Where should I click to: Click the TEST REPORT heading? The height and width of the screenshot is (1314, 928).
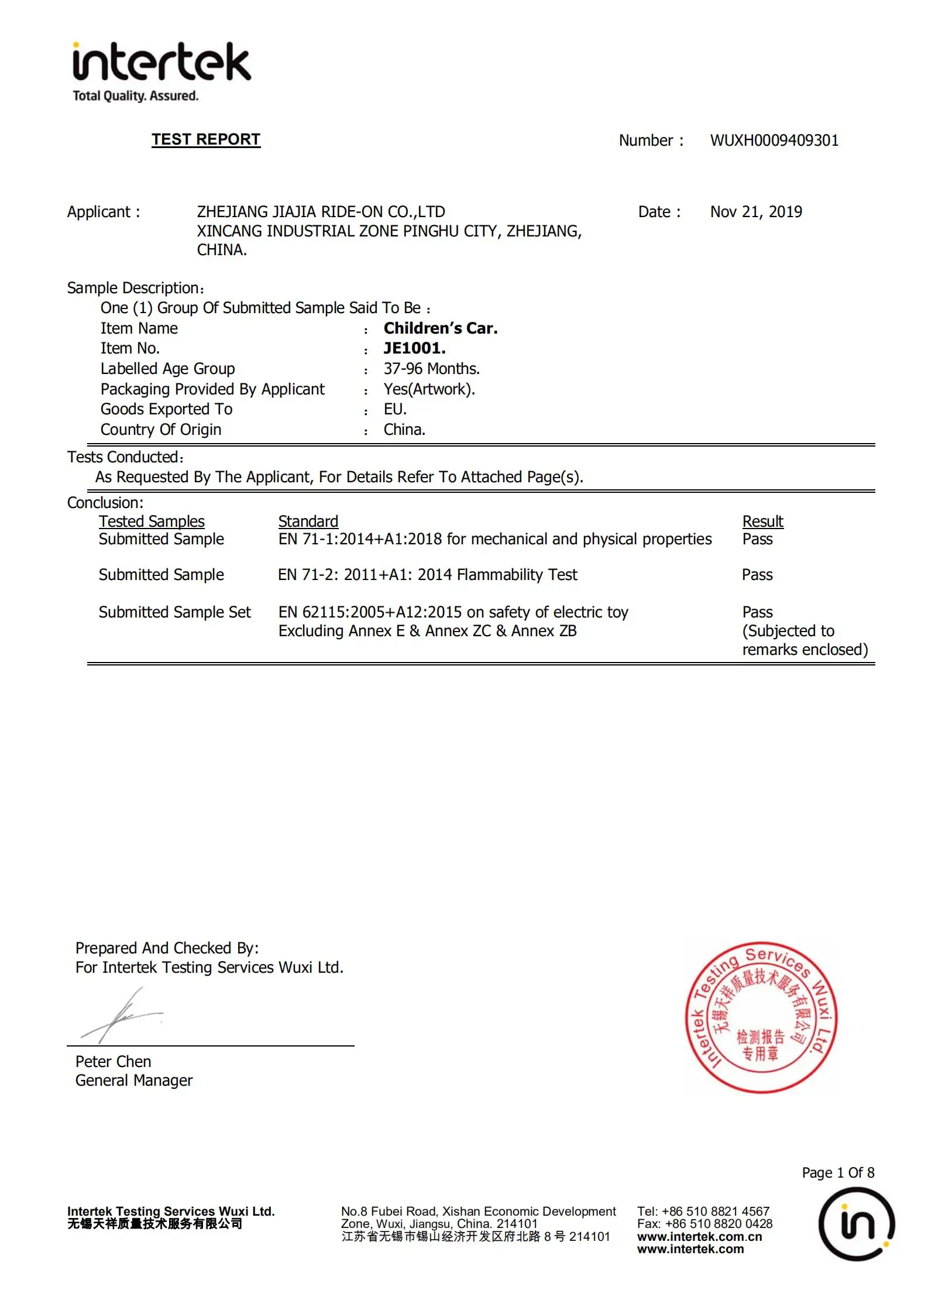click(206, 139)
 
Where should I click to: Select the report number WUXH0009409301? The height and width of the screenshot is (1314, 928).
click(774, 140)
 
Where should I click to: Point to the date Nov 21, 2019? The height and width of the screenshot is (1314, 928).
click(756, 212)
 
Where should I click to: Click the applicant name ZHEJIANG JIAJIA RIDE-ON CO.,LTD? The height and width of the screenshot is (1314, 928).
click(321, 212)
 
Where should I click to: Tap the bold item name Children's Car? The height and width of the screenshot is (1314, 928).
click(441, 328)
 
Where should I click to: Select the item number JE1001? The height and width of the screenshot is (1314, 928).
click(414, 348)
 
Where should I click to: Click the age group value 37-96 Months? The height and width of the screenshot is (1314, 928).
click(431, 369)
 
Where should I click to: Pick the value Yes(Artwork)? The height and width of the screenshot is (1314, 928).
click(429, 389)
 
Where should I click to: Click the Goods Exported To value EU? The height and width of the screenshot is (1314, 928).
click(395, 409)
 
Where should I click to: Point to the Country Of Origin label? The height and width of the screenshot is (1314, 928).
click(161, 430)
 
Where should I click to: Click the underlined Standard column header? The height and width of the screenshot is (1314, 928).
click(308, 521)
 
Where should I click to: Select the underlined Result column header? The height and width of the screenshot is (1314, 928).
click(762, 521)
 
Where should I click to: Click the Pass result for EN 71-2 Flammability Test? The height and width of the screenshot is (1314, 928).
click(757, 575)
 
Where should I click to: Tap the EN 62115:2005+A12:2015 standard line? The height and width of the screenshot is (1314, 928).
click(453, 612)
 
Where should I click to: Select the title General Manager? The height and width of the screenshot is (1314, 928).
click(134, 1080)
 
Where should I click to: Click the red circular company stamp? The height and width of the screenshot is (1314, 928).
click(761, 1018)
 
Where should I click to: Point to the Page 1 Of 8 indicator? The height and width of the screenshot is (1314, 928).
click(838, 1172)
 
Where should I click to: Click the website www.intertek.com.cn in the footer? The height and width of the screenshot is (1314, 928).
click(699, 1237)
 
